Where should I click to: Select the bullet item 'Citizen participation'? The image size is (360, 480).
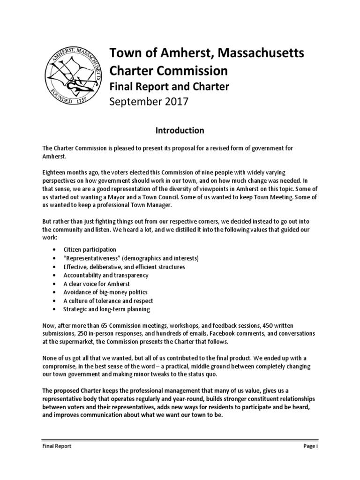pos(90,250)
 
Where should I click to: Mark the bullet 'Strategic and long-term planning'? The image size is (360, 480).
pos(107,309)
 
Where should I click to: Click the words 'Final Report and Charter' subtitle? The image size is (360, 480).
pos(169,86)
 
